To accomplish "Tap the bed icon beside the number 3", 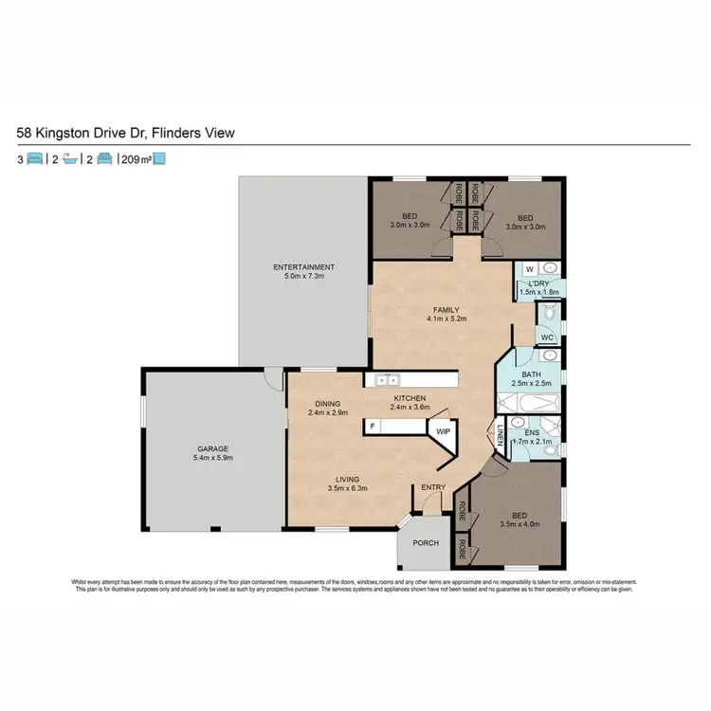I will (x=35, y=159).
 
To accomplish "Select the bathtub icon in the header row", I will (x=69, y=159).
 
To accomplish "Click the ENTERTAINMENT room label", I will (x=304, y=266).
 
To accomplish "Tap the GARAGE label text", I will (x=212, y=448).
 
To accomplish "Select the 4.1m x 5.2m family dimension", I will (x=445, y=320).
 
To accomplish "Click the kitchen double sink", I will (x=385, y=380).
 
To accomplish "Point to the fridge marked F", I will (x=374, y=428).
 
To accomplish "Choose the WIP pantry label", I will (x=442, y=430).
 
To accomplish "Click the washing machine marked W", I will (x=529, y=268).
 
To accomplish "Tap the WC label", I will (x=547, y=337).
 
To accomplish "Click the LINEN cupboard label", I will (x=499, y=436).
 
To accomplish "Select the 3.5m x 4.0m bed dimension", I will (x=519, y=523).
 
